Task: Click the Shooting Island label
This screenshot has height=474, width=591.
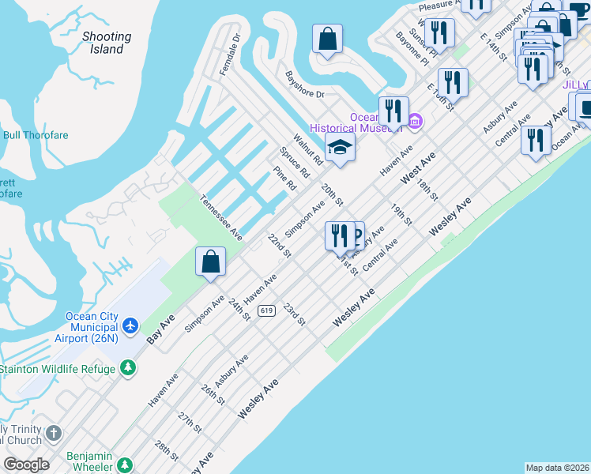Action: tap(107, 43)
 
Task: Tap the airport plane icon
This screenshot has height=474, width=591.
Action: tap(130, 325)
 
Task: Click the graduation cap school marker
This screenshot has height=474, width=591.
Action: tap(340, 148)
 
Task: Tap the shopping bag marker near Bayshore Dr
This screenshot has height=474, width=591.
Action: tap(326, 39)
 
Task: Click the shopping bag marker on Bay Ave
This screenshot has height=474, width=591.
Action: tap(210, 262)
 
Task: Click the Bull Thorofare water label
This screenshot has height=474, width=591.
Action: tap(36, 135)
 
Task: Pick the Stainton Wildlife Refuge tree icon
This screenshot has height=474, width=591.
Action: tap(126, 368)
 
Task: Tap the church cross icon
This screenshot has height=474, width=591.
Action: tap(53, 433)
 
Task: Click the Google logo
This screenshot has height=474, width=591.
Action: tap(26, 465)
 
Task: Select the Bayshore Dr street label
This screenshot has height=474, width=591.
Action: tap(304, 85)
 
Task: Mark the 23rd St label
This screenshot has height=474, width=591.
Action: tap(294, 313)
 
